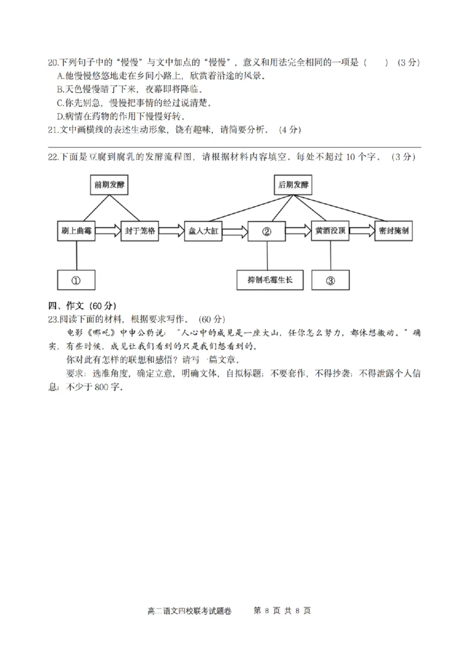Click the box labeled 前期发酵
click(x=110, y=185)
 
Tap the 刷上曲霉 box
click(x=76, y=231)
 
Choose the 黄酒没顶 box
click(x=330, y=231)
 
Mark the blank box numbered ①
click(x=76, y=280)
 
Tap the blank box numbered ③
click(x=330, y=280)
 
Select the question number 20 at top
click(x=52, y=62)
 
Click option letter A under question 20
click(x=60, y=76)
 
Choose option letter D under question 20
click(x=60, y=116)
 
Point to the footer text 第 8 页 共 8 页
click(x=282, y=611)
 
